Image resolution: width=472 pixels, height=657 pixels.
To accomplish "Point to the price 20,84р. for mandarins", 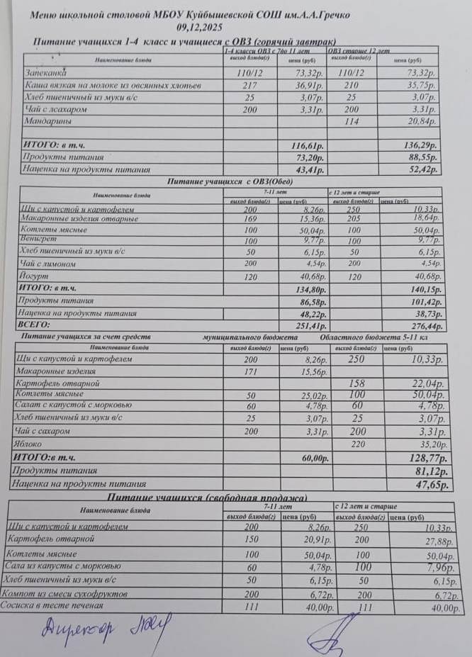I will pyautogui.click(x=423, y=122).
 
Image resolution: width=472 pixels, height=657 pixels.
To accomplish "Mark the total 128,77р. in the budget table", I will pyautogui.click(x=422, y=458).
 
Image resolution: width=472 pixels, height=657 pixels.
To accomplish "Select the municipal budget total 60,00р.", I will pyautogui.click(x=308, y=458).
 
